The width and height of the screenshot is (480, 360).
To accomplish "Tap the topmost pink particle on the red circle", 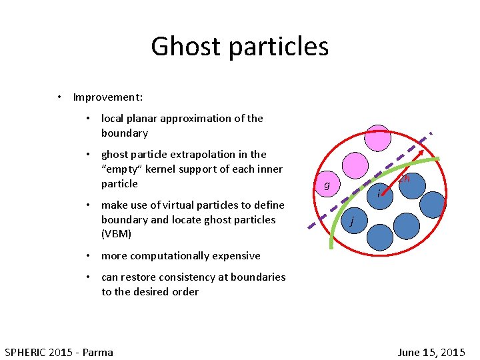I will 378,137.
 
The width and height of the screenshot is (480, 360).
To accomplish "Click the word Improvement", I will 107,97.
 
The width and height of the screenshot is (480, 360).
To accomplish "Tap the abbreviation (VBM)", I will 117,234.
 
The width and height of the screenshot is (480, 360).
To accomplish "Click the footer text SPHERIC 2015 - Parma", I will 59,352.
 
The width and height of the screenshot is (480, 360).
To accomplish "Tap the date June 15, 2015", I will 431,352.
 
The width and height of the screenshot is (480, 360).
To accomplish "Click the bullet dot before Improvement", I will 59,97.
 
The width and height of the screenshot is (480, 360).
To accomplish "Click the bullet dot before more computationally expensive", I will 88,255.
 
